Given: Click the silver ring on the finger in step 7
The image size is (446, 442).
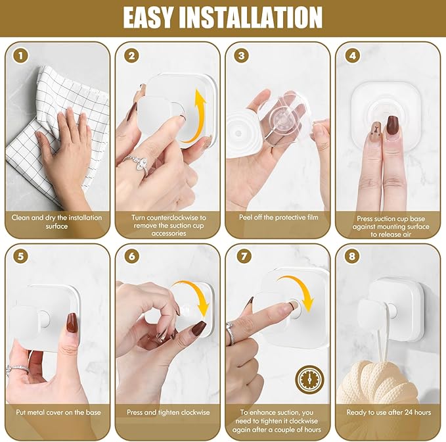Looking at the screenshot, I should [x=231, y=334].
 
